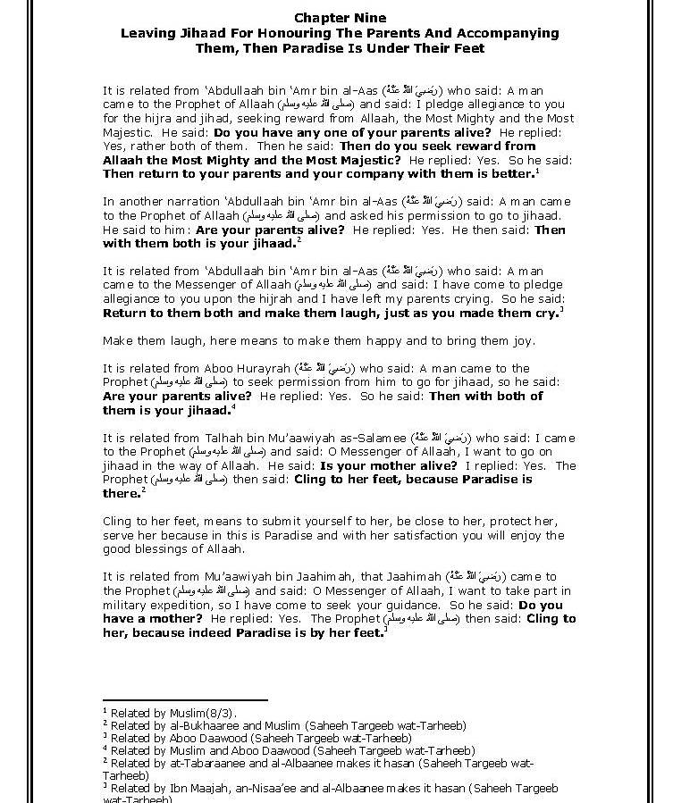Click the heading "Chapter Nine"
[x=341, y=18]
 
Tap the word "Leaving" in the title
[x=147, y=33]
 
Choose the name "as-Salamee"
[x=373, y=439]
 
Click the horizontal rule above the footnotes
[x=185, y=701]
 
